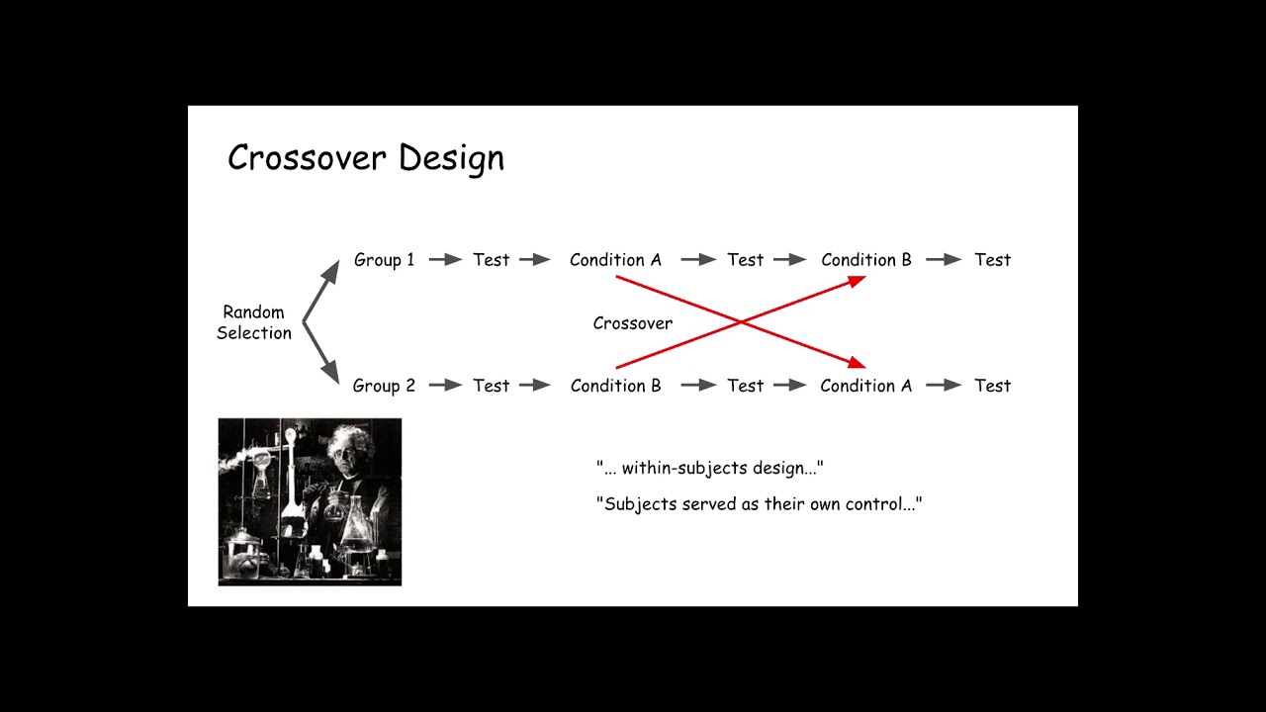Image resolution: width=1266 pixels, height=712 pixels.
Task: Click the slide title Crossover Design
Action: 366,158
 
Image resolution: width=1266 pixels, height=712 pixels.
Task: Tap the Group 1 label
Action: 384,260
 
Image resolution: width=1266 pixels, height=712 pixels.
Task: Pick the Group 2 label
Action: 384,386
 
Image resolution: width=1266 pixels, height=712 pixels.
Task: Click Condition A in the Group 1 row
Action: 615,260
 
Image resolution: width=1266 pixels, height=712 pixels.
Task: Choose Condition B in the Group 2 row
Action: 615,386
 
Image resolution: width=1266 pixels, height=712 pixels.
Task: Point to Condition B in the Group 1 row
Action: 866,260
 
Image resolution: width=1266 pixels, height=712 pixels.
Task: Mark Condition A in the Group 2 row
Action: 866,386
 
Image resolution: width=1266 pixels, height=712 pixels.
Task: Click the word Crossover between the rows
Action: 633,323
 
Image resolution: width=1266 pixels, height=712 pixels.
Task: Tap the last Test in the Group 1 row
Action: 992,260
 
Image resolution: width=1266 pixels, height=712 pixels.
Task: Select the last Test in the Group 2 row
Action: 992,386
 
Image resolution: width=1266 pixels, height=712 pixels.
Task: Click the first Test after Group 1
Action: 491,260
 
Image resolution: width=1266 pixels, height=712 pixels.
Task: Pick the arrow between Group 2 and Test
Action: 446,386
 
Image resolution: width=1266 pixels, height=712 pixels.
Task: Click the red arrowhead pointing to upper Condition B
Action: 858,281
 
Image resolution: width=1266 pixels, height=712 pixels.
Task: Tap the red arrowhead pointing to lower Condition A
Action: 858,364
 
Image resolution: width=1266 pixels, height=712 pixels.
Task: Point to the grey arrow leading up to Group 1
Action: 320,289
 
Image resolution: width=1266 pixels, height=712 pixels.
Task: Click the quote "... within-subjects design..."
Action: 709,468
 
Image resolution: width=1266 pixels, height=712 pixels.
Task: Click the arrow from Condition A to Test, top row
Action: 698,260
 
